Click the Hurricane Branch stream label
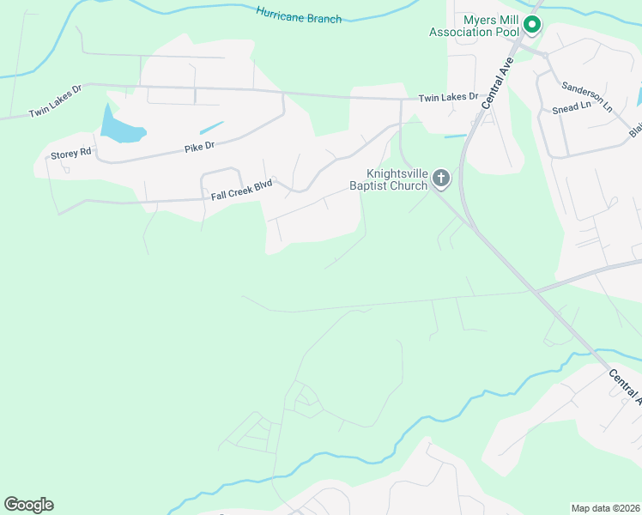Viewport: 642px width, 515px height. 299,14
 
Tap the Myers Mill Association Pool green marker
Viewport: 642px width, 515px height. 532,26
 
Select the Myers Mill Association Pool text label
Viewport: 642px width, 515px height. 475,26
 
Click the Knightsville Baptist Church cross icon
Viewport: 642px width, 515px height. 441,179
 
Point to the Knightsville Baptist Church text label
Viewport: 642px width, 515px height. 388,179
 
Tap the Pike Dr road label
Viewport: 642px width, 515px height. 198,148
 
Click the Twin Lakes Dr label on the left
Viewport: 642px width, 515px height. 55,100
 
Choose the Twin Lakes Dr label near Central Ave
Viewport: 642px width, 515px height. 448,98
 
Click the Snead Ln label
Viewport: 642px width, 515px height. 572,108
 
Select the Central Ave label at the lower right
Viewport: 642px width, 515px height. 625,387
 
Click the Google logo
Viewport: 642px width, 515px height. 28,505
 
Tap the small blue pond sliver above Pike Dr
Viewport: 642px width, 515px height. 211,127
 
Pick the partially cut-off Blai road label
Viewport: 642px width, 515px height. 635,128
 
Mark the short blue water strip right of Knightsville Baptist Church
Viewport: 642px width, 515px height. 456,136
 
